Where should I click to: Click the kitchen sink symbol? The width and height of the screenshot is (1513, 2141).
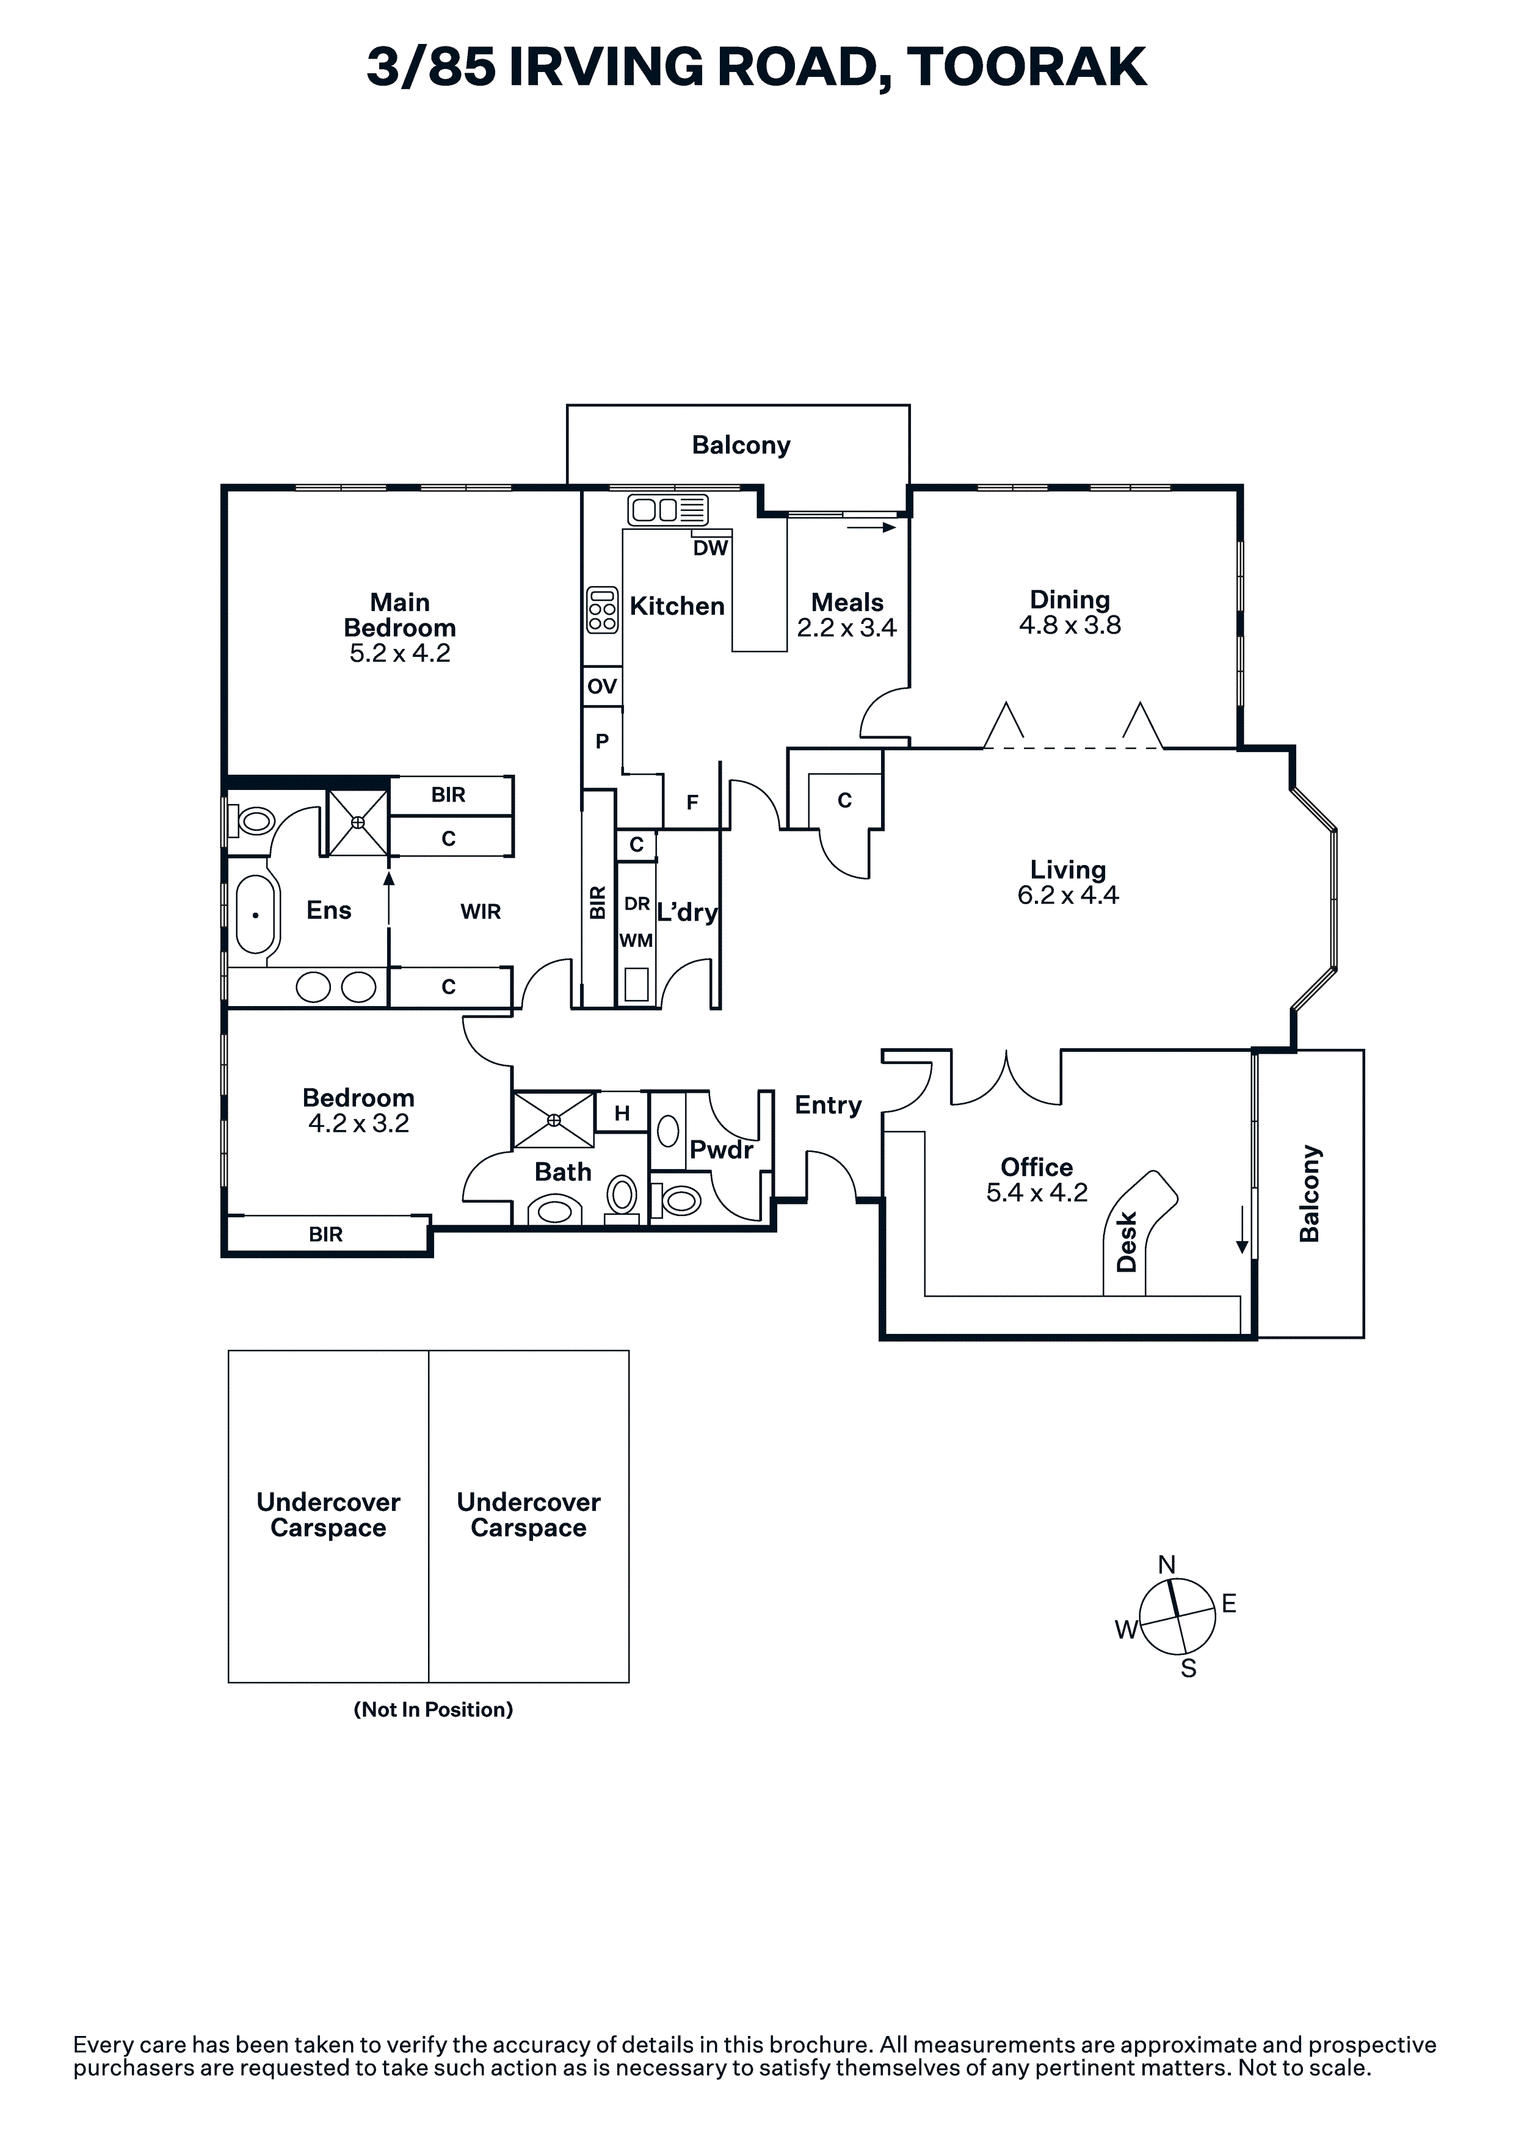tap(668, 510)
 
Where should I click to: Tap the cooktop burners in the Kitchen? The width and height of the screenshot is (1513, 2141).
tap(603, 610)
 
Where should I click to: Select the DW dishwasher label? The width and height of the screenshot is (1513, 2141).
tap(710, 548)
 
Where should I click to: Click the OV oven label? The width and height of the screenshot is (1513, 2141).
tap(601, 686)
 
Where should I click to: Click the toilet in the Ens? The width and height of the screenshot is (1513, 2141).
tap(254, 822)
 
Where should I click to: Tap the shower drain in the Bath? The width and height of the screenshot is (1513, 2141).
tap(554, 1119)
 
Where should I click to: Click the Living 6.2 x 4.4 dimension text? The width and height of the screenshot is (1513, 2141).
tap(1068, 895)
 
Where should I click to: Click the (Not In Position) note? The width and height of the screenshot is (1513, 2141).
tap(433, 1709)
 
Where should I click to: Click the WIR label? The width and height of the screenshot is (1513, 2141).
tap(481, 912)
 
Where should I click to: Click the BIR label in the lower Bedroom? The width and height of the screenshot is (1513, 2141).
tap(325, 1234)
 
